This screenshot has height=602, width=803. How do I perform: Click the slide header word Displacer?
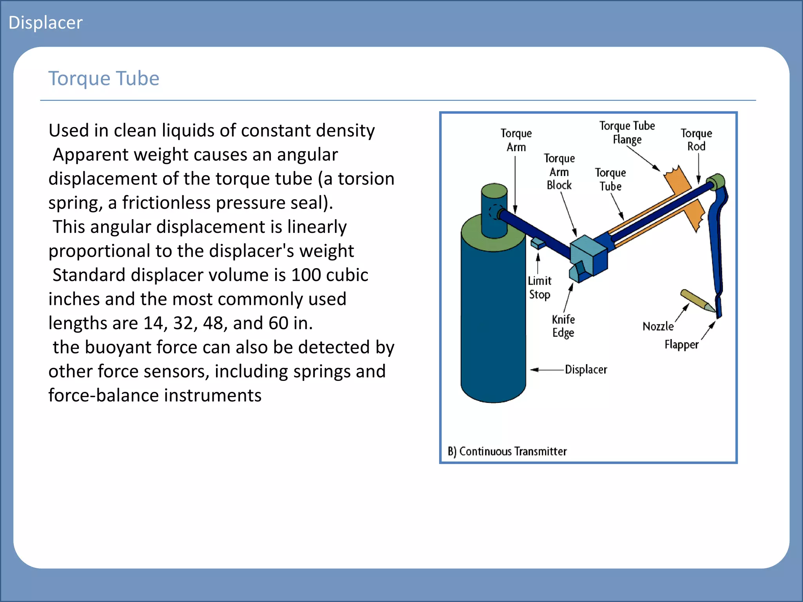tap(45, 23)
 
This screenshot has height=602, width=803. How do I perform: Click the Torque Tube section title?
tap(104, 78)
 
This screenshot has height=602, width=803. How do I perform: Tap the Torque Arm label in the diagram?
tap(516, 140)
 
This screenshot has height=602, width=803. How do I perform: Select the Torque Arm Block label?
tap(559, 172)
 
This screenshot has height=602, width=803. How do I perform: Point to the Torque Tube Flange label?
tap(627, 132)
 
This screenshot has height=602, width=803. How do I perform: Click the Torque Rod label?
tap(696, 140)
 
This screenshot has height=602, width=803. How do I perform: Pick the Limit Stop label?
tap(540, 287)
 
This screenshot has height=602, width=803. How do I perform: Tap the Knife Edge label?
tap(563, 326)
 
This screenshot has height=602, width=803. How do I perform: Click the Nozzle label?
tap(658, 326)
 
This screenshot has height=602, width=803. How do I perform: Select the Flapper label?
tap(681, 345)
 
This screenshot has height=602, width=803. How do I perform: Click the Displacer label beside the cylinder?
tap(586, 370)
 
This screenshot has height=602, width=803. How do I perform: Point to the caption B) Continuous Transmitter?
tap(507, 451)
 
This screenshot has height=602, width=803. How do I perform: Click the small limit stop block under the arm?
tap(538, 243)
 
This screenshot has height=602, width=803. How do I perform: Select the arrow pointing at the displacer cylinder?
tap(547, 370)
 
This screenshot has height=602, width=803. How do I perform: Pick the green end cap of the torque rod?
tap(717, 181)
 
